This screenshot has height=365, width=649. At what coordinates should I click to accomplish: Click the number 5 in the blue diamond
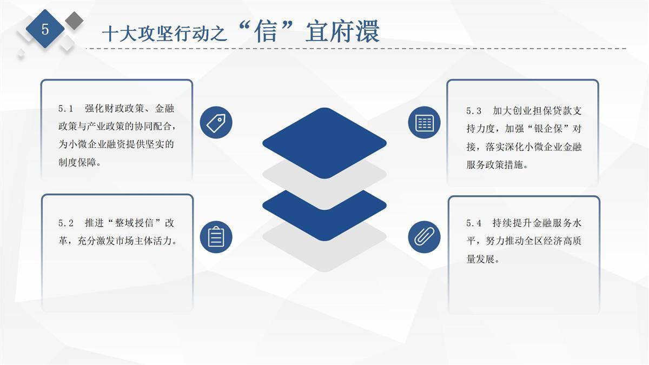click(45, 29)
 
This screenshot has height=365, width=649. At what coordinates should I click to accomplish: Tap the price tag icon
click(216, 123)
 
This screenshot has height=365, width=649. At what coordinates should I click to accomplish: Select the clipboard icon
click(216, 237)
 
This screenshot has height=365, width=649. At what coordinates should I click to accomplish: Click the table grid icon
click(424, 123)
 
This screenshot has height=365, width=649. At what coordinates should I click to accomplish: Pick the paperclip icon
click(424, 237)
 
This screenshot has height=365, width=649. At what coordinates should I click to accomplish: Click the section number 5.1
click(65, 109)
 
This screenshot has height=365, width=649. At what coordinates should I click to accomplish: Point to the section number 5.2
click(66, 223)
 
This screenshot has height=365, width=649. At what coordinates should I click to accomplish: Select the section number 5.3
click(474, 111)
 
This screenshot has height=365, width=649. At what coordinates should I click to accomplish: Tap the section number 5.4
click(474, 223)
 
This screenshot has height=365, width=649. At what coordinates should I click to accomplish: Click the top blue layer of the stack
click(325, 143)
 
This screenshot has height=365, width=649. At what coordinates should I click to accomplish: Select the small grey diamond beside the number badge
click(74, 21)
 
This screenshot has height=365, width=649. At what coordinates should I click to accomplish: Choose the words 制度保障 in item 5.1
click(77, 162)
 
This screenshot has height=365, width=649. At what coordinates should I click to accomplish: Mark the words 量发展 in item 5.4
click(480, 259)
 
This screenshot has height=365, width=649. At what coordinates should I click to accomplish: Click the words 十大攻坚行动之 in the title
click(164, 34)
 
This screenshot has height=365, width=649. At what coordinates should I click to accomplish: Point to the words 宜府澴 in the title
click(342, 31)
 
